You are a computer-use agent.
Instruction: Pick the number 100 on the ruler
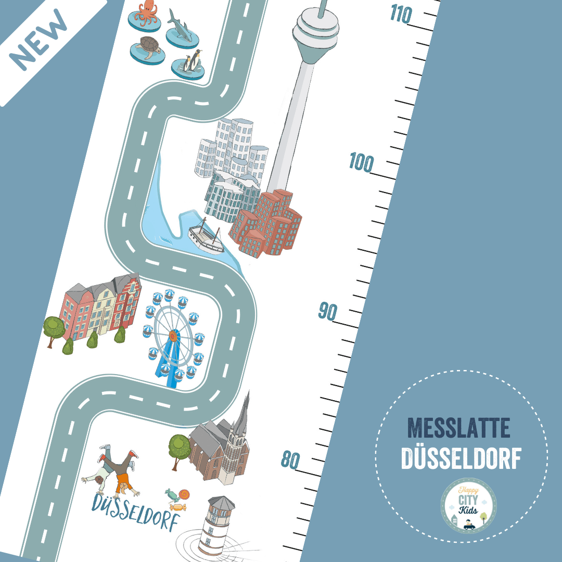click(361, 163)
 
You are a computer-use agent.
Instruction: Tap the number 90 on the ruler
click(328, 311)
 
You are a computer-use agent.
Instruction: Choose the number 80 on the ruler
click(291, 460)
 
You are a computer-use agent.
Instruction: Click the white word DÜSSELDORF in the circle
click(461, 458)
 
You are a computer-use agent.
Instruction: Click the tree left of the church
click(179, 448)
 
